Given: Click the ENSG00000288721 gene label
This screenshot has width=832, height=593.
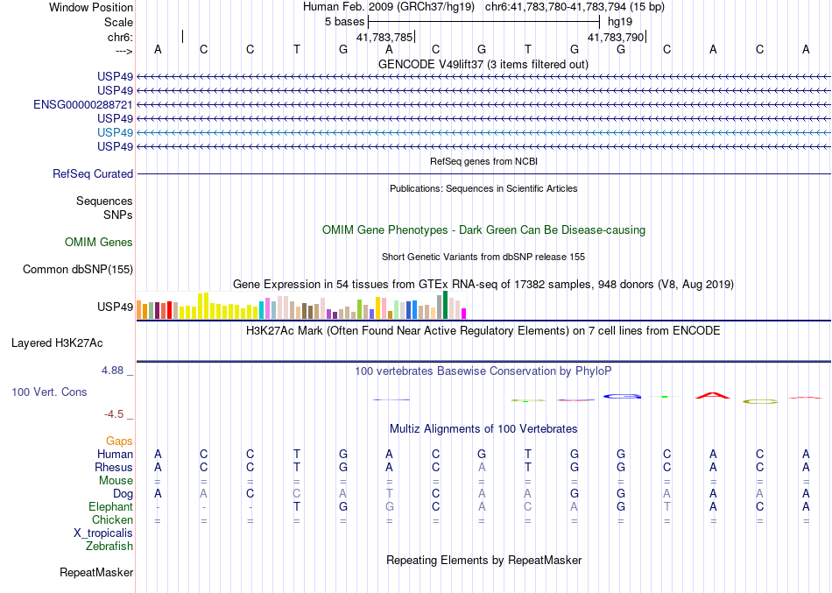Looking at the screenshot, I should point(83,104).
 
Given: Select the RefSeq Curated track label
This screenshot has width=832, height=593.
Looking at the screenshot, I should point(93,174).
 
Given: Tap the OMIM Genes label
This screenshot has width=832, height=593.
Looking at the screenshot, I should point(99,243).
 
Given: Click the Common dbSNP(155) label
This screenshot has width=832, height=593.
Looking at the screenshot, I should point(78,270).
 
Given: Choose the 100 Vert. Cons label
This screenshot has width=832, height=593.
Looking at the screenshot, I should point(49,392).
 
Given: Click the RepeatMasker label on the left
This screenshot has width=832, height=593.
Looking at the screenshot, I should point(96,573).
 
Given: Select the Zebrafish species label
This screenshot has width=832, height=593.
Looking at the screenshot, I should point(109,547).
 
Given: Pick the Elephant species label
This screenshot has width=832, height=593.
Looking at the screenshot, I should point(111,507).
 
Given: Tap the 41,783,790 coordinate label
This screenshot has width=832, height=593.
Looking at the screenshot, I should point(616,38).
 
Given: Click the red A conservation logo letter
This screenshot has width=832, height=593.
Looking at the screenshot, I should point(713,396).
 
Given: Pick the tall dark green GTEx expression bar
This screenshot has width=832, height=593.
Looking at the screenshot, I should point(446,305).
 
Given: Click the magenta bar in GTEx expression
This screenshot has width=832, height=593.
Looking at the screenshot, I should point(464,314).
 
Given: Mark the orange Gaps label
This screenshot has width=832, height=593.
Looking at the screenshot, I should point(120,441).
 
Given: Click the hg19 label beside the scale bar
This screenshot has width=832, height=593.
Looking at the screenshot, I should point(620,20).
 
